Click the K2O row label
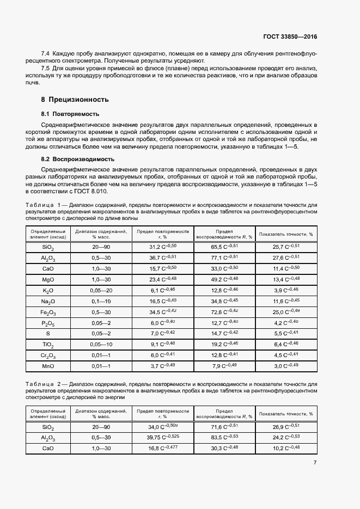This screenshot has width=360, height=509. tap(48, 291)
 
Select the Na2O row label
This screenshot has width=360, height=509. tap(48, 302)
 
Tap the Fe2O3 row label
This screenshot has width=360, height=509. tap(48, 312)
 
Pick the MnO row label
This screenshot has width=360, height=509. tap(48, 366)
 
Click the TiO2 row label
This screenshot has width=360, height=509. tap(48, 345)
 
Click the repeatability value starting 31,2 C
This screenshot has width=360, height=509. tap(163, 247)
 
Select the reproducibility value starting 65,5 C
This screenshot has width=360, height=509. tap(224, 247)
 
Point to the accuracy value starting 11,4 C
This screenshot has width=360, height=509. tap(286, 269)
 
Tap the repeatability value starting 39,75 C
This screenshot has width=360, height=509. tap(163, 438)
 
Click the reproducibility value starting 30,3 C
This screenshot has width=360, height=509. tap(224, 449)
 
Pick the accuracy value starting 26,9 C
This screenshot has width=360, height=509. tap(286, 427)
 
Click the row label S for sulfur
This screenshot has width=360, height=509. tap(48, 334)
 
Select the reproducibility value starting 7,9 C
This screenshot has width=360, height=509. tap(224, 366)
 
